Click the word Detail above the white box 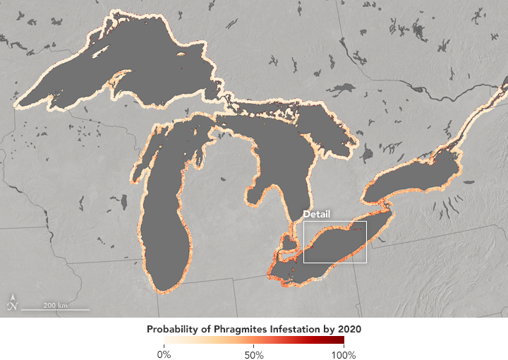(x=316, y=214)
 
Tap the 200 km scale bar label (x=55, y=305)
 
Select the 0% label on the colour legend (x=164, y=354)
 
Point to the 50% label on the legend (x=254, y=354)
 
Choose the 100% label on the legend (x=344, y=354)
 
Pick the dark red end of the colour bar (x=341, y=342)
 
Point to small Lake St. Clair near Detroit (x=289, y=242)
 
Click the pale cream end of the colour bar (x=167, y=342)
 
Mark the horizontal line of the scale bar (x=55, y=310)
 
